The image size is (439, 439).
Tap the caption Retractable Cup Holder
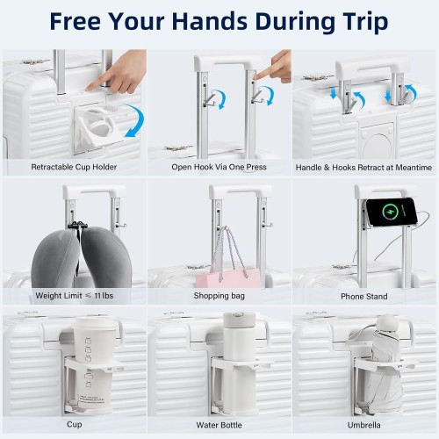(x=74, y=167)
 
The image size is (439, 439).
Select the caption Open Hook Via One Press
(x=219, y=167)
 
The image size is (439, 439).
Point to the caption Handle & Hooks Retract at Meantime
(x=363, y=168)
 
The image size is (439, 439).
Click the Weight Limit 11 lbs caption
(x=75, y=296)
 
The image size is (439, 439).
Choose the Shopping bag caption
(x=219, y=296)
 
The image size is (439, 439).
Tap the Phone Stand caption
(x=364, y=297)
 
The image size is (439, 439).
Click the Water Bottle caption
(x=219, y=425)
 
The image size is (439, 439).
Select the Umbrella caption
(x=363, y=425)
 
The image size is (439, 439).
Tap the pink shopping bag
(x=228, y=278)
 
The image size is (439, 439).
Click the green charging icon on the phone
(x=391, y=212)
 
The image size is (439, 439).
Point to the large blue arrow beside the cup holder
(x=135, y=120)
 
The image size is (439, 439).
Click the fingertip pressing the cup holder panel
(x=89, y=88)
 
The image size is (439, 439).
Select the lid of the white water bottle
(x=239, y=320)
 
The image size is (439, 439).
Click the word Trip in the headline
(x=366, y=22)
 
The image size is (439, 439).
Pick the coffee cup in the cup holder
(x=93, y=364)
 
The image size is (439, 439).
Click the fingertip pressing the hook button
(x=255, y=77)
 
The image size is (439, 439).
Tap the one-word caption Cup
(x=75, y=424)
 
